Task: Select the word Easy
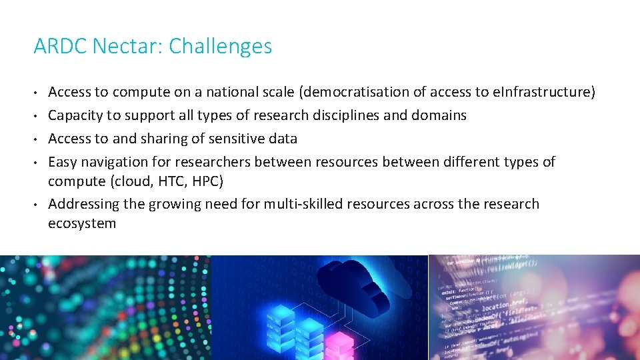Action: [x=63, y=162]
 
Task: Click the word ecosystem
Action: [x=82, y=223]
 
